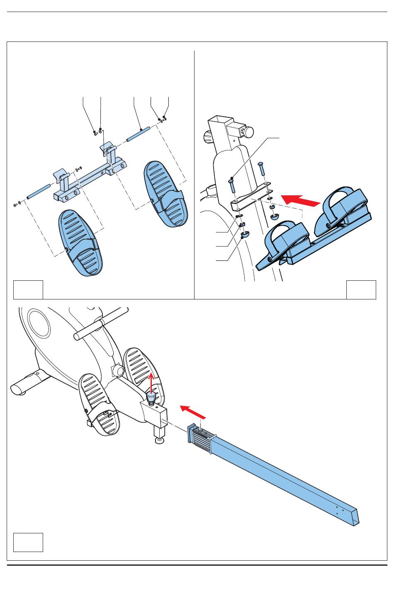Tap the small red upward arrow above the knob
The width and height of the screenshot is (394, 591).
pyautogui.click(x=152, y=382)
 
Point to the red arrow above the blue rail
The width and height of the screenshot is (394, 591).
pyautogui.click(x=193, y=412)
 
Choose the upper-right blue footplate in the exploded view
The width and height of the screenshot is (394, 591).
pyautogui.click(x=165, y=194)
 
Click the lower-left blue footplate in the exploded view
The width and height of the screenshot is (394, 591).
pyautogui.click(x=80, y=243)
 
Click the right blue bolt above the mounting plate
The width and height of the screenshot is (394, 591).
pyautogui.click(x=261, y=170)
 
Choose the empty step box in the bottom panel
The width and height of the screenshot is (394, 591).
pyautogui.click(x=28, y=542)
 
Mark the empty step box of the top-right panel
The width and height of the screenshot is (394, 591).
pyautogui.click(x=361, y=289)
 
